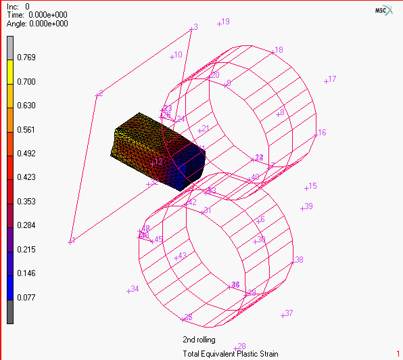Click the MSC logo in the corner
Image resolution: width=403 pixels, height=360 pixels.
tap(383, 12)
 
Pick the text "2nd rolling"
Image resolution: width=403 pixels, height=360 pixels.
tap(199, 340)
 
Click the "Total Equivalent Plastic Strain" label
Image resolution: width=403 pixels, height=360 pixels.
tap(230, 354)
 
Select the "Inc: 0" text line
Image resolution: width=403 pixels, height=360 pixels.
tap(18, 6)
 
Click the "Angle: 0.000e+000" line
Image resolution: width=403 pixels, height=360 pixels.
tap(37, 23)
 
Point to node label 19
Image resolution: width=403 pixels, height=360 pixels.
tap(224, 22)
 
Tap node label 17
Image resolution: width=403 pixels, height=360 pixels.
tap(331, 79)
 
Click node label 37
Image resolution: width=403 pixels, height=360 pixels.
tap(288, 313)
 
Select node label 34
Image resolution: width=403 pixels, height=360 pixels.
tap(133, 290)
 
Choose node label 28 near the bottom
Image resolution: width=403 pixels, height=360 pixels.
tap(240, 346)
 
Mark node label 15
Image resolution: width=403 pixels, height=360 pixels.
tap(311, 186)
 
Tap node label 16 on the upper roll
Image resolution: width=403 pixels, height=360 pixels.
tap(321, 133)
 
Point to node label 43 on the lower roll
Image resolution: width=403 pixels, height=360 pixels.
tap(180, 256)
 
